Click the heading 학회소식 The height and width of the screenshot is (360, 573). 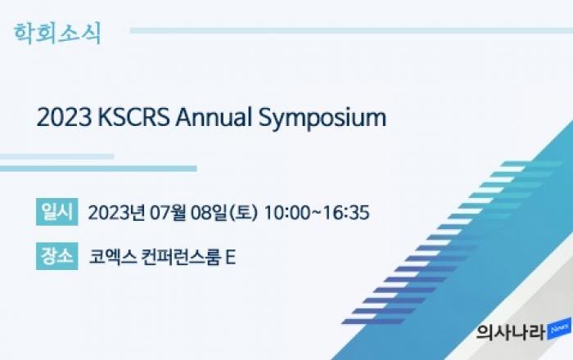tap(57, 34)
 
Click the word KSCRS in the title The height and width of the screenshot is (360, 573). tap(133, 118)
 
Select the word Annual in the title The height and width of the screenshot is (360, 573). tap(214, 118)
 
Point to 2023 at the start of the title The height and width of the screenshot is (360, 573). tap(65, 118)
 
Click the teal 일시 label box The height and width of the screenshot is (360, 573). tap(57, 212)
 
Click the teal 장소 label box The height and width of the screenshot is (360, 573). tap(57, 256)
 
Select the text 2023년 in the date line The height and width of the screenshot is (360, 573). tap(116, 213)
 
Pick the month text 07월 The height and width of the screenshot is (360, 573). tap(168, 213)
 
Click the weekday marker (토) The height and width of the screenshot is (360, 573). tap(243, 213)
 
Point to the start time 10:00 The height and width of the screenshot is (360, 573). tap(287, 213)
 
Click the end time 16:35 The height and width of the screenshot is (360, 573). tap(346, 213)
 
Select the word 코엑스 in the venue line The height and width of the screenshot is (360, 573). tap(113, 257)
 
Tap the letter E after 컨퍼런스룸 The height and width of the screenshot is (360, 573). tap(231, 257)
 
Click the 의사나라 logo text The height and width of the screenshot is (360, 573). tap(511, 332)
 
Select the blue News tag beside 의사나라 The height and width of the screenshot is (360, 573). tap(559, 329)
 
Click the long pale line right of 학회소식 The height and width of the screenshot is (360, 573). tap(351, 30)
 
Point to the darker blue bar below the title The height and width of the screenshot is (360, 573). tap(98, 169)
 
